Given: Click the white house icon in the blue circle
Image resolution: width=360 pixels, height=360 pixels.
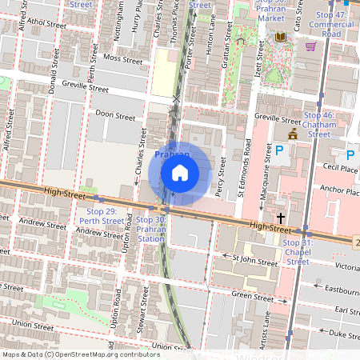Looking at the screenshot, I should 180,173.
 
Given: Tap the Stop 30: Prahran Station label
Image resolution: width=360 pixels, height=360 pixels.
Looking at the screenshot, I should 150,229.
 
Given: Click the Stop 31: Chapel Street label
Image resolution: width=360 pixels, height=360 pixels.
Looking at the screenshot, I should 298,251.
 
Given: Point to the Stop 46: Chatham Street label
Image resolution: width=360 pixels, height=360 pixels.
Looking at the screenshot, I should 318,125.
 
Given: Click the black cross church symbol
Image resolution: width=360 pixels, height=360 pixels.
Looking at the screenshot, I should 281,218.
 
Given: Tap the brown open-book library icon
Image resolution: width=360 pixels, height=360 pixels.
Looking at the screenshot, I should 280,37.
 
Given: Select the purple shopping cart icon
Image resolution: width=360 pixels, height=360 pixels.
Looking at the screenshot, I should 310,46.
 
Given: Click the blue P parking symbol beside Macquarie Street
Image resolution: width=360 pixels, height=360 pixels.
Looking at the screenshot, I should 279,150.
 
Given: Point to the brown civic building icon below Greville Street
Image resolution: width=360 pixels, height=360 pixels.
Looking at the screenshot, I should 293,134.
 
